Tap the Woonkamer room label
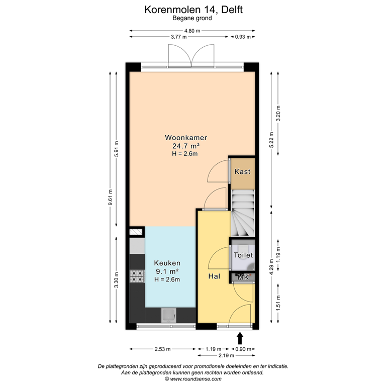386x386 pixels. (186, 137)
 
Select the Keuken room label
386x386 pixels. (167, 263)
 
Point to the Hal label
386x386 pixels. (214, 276)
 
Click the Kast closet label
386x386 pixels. (242, 171)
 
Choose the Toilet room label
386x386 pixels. (243, 256)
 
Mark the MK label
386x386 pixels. (243, 277)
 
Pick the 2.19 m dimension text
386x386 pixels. (242, 355)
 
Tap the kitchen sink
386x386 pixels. (167, 315)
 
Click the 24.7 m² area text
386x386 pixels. (185, 146)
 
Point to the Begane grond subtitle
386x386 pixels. (192, 18)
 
